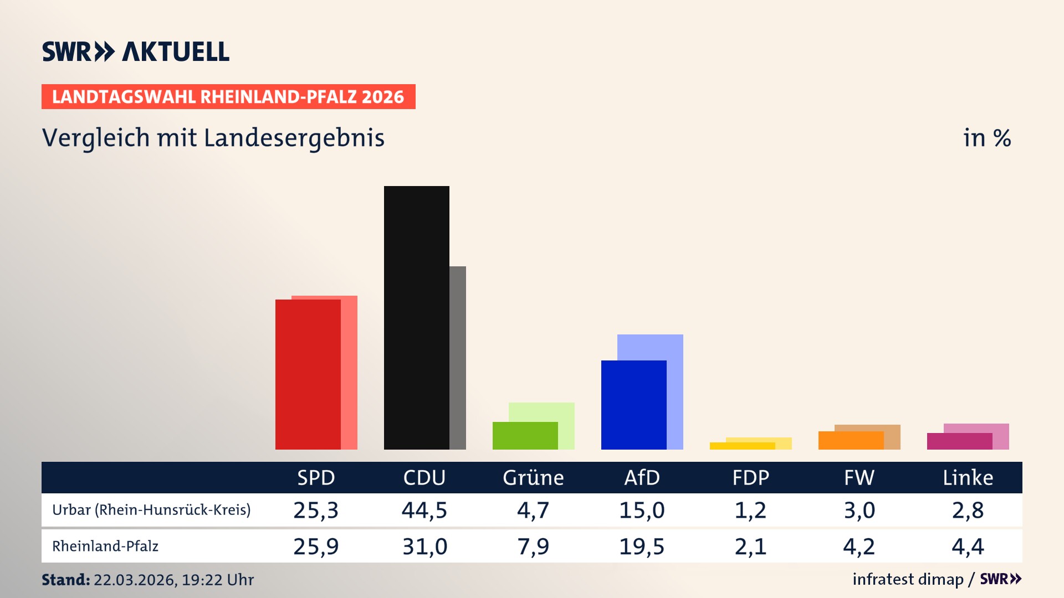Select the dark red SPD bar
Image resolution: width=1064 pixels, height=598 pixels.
[x=308, y=374]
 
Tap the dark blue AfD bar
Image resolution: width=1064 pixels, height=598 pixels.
[x=633, y=405]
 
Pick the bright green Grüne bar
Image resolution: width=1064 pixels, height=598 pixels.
[x=525, y=436]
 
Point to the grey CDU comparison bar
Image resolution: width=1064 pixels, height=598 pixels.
[x=458, y=357]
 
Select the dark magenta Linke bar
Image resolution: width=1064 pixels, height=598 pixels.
[x=959, y=441]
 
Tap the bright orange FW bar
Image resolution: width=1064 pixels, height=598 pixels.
[x=851, y=441]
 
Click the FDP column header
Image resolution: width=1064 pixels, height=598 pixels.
[x=750, y=477]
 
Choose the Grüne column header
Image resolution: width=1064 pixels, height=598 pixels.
[x=533, y=477]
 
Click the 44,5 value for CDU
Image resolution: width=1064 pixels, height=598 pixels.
[x=424, y=510]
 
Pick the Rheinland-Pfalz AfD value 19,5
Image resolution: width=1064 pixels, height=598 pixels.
[x=642, y=547]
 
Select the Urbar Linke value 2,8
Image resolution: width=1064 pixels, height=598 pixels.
[x=968, y=510]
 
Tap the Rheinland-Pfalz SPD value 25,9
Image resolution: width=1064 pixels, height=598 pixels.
[x=316, y=547]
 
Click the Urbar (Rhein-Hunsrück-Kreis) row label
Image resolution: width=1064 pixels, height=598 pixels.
[x=151, y=510]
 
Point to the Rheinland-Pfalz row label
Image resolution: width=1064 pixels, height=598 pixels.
[x=105, y=547]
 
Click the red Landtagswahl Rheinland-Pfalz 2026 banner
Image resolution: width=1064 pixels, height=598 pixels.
[x=228, y=97]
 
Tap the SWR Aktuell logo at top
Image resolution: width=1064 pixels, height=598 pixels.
[x=136, y=51]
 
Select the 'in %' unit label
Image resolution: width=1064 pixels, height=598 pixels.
[x=986, y=138]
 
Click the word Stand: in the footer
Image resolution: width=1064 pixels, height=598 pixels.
[x=65, y=580]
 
